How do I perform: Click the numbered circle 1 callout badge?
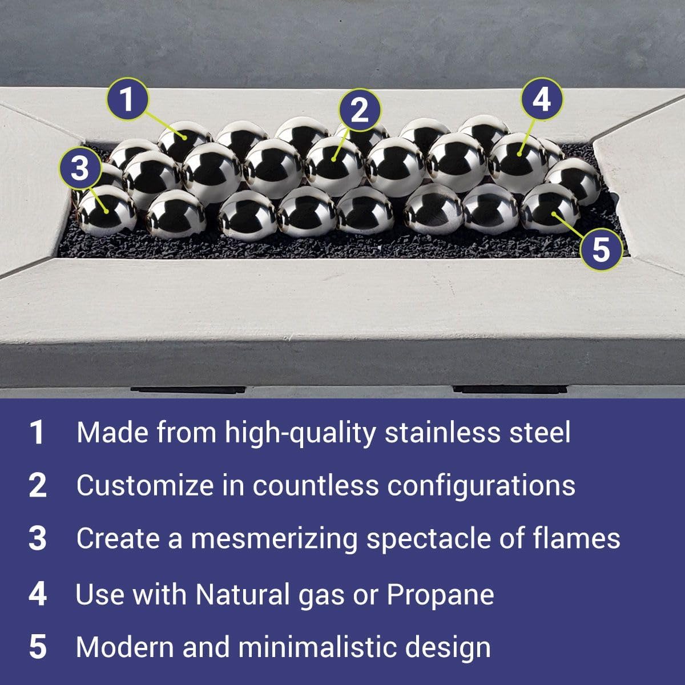point(127,99)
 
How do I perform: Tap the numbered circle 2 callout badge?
point(359,111)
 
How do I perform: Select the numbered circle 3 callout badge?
point(80,168)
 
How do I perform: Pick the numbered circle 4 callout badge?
point(542,99)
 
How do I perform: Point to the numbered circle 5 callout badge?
point(601,249)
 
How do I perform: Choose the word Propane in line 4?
point(440,594)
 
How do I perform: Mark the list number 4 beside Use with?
point(38,594)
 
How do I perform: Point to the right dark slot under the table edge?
point(510,389)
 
